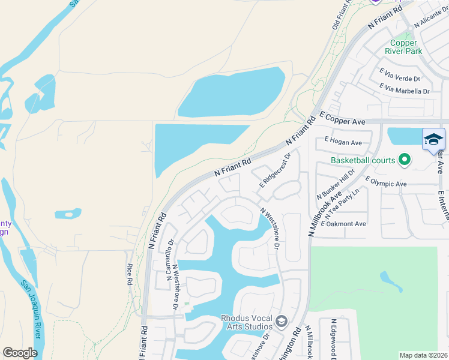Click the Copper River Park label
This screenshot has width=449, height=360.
403,47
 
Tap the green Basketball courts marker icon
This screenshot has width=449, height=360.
405,160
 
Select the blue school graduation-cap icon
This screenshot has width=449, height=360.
433,140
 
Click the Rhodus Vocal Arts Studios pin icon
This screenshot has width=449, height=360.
281,322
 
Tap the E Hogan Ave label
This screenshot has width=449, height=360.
343,142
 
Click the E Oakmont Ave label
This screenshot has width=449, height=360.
343,224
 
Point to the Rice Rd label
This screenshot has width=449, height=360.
129,274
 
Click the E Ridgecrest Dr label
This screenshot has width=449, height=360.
275,169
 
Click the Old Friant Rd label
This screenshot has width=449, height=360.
341,16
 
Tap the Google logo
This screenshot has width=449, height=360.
20,353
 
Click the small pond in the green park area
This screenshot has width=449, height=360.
391,281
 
